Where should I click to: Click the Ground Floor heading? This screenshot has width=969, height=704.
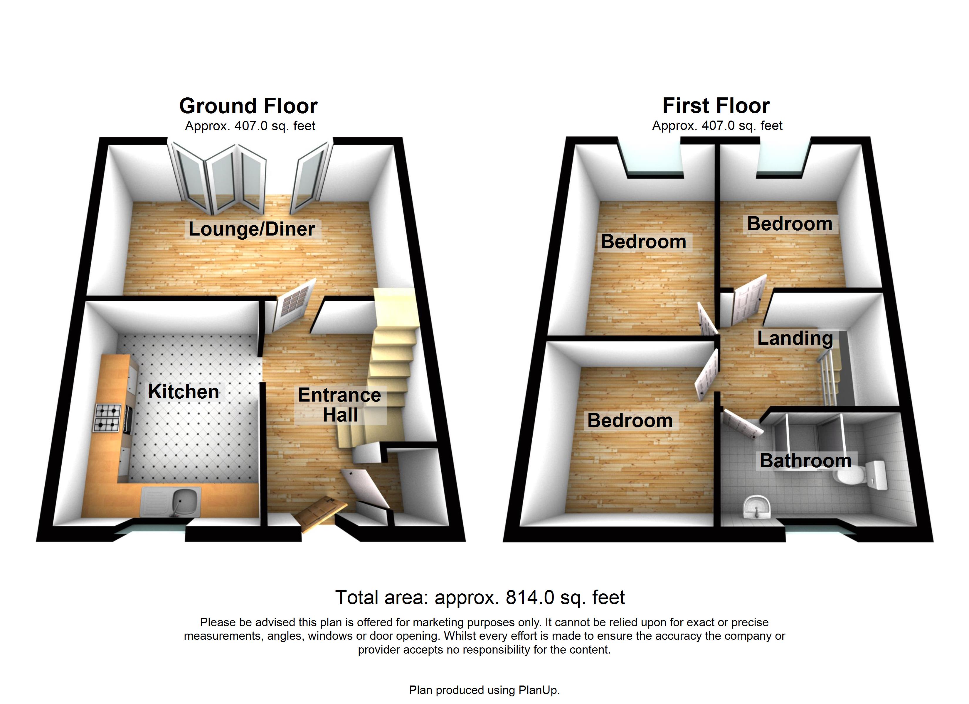248,106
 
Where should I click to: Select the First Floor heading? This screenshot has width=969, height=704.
716,106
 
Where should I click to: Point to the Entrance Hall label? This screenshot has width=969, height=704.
340,405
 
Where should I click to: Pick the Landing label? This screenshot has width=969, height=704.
795,338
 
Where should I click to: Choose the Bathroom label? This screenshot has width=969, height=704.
805,461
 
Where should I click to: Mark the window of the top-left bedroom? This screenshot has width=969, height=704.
654,160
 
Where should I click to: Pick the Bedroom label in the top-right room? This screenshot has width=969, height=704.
790,224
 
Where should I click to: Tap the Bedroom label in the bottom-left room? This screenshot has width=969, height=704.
630,421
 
